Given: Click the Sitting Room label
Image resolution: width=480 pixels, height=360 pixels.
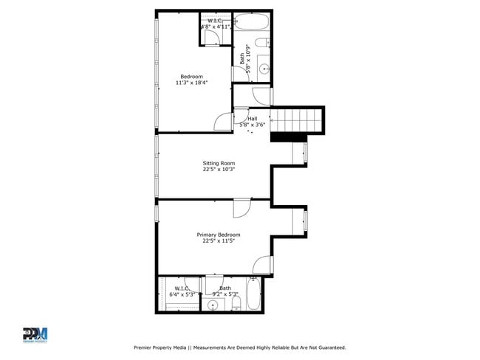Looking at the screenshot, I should tap(219, 163).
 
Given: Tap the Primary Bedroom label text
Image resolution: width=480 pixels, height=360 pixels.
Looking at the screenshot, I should tap(218, 235).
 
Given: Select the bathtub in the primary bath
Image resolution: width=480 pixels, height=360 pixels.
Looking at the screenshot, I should tap(253, 296).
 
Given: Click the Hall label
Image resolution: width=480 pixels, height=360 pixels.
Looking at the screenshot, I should tap(253, 119).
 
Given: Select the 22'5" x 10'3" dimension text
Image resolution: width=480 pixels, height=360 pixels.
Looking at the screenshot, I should tap(219, 170).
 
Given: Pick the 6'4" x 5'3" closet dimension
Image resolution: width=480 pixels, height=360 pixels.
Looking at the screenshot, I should tap(182, 294).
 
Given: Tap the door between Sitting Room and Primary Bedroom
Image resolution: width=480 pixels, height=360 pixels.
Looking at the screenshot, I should tap(242, 209).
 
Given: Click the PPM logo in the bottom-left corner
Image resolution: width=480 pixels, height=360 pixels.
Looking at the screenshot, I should tap(35, 334).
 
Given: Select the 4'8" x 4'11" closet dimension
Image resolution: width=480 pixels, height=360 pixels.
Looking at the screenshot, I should tap(216, 27).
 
